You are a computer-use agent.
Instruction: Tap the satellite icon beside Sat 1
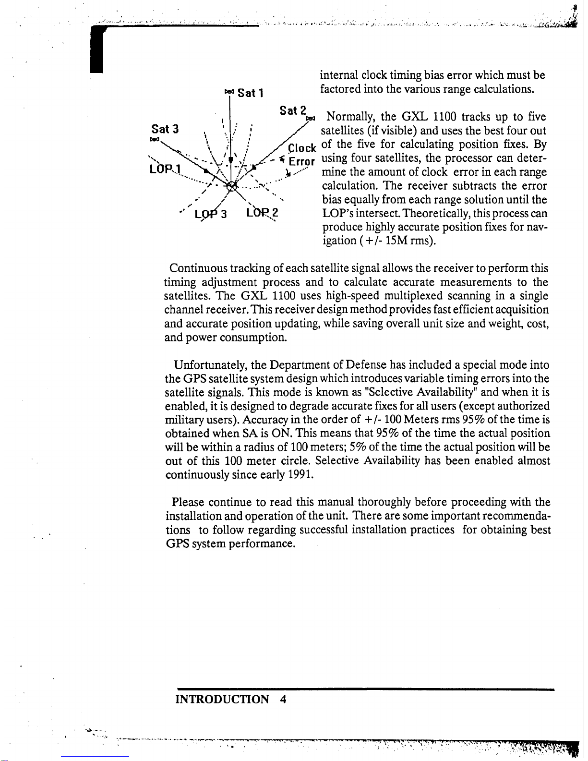tap(229, 91)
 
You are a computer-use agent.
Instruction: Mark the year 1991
tap(300, 475)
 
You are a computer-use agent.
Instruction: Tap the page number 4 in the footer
tap(283, 699)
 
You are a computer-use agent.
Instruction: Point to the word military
tap(180, 420)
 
